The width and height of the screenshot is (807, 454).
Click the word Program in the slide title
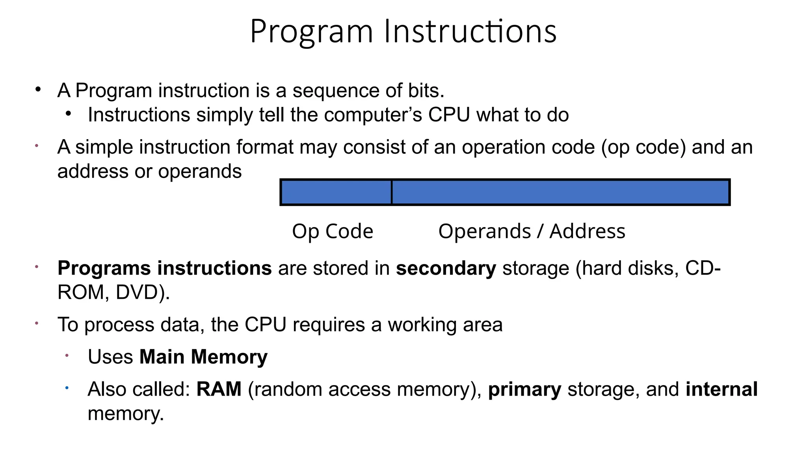click(x=311, y=32)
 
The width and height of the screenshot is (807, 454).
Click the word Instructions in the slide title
click(x=470, y=32)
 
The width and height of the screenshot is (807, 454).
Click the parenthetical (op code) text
click(x=643, y=147)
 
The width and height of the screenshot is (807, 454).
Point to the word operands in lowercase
click(x=200, y=171)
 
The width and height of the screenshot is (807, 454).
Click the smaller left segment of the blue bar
click(x=336, y=192)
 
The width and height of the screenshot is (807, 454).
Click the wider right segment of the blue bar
click(x=560, y=192)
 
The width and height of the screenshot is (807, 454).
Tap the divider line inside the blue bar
click(x=391, y=192)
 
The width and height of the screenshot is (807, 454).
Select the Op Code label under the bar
click(x=333, y=231)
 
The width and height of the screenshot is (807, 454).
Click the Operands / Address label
click(x=532, y=231)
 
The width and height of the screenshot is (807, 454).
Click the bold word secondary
click(x=446, y=268)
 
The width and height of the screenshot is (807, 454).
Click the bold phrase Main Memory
click(x=203, y=357)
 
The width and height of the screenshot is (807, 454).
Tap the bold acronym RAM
click(x=219, y=389)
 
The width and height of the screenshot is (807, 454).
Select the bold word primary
click(x=524, y=389)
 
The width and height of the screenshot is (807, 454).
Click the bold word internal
click(x=721, y=389)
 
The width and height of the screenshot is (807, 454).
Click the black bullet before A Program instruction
click(x=38, y=89)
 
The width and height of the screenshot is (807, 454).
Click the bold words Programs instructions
click(x=164, y=268)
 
